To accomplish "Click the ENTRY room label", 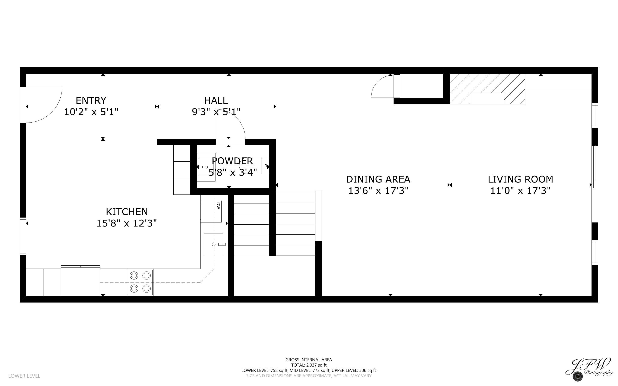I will tap(91, 100).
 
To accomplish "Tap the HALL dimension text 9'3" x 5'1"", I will tap(216, 112).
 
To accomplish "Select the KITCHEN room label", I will tap(127, 212).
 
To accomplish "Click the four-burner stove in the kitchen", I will tap(140, 282).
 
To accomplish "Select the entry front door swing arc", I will tap(45, 105).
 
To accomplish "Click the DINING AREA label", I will tap(378, 179).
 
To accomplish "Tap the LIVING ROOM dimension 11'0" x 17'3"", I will tap(520, 191).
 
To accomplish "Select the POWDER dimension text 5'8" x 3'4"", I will tap(233, 173).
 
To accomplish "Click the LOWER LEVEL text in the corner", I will tap(24, 376).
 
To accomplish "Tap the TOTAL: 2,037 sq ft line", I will tap(309, 365).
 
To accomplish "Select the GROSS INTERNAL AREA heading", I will tap(309, 360).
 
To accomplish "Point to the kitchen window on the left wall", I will tap(23, 236).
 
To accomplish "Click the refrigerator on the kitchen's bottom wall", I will tap(81, 281).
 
